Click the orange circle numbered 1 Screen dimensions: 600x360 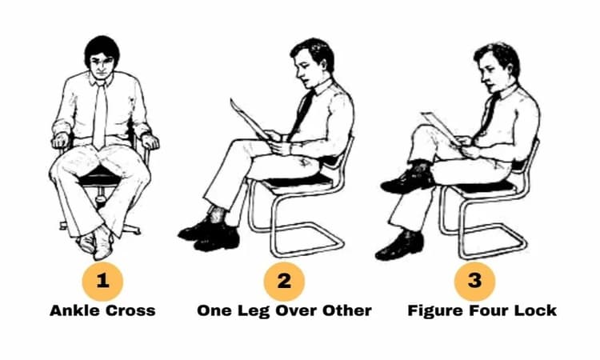102,282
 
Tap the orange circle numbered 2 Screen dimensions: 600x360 284,282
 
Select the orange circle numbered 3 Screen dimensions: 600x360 474,282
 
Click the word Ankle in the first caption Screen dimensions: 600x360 75,310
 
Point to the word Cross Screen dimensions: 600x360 130,310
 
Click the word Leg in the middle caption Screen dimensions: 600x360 254,310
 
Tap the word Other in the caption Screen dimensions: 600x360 346,310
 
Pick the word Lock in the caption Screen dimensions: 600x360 535,310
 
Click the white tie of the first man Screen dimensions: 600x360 99,114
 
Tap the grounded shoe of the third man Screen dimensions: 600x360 400,246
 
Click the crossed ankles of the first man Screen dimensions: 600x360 96,240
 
